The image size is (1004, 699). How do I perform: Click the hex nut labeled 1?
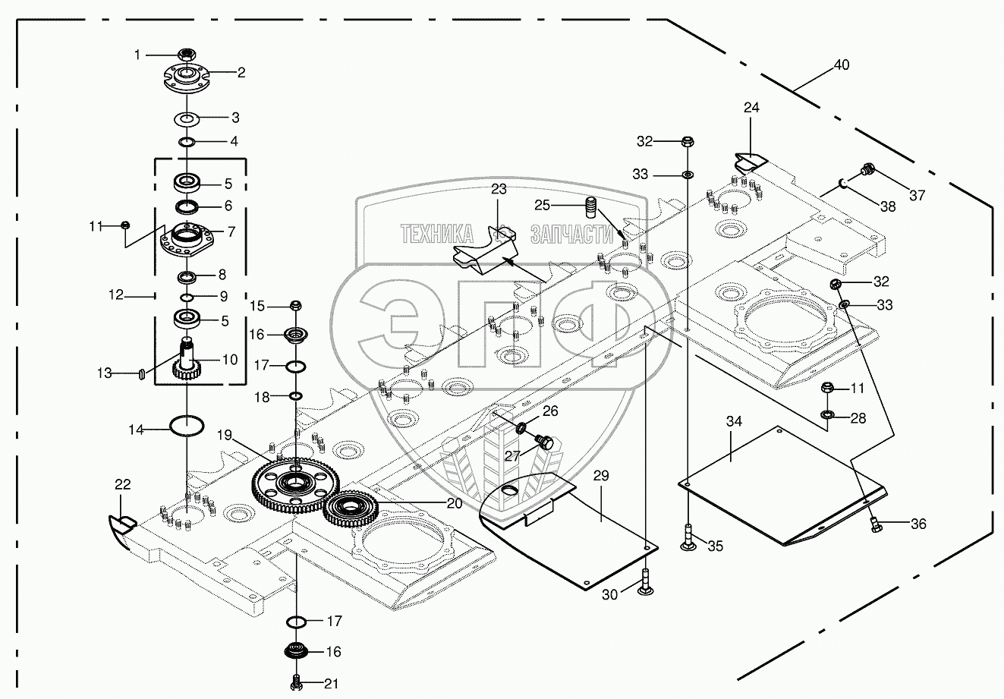187,55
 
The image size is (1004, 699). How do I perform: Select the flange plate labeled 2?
186,78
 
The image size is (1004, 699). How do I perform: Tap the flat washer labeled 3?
187,120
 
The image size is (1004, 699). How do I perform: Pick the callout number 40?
842,65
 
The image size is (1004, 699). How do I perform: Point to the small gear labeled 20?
351,509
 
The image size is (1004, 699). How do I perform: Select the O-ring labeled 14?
187,426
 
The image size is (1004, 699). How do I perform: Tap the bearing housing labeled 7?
187,239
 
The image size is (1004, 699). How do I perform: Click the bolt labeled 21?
295,682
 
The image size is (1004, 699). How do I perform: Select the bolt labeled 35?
688,537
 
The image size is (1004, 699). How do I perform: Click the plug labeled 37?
867,170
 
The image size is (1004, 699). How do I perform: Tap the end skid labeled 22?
122,532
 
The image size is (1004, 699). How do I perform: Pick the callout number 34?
734,421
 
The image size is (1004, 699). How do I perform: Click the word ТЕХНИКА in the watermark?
436,234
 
